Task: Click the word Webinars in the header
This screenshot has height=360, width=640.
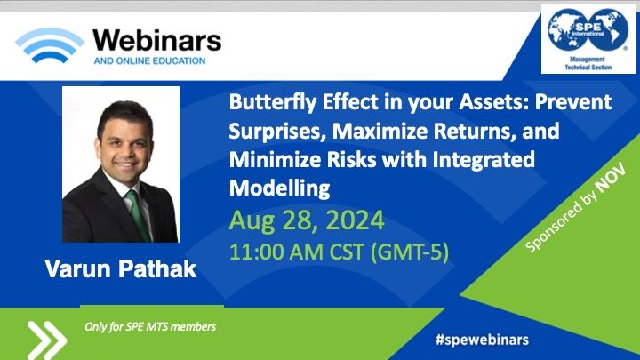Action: point(157,41)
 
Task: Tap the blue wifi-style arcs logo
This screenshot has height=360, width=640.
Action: point(50,44)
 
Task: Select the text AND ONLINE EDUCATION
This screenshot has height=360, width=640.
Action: point(149,60)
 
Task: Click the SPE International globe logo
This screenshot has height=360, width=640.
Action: point(588,30)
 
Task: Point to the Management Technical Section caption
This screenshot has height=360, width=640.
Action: point(588,63)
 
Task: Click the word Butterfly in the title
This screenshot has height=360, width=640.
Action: point(273,102)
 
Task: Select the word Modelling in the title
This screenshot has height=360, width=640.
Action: point(280,188)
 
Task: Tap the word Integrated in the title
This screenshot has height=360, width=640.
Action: point(484,159)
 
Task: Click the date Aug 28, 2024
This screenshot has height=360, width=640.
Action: point(307,220)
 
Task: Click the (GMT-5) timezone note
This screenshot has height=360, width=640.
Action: point(410,252)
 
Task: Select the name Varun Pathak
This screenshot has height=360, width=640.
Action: point(121,269)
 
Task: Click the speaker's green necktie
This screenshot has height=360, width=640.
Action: point(138,214)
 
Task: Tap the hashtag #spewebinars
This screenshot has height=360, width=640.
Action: point(482,340)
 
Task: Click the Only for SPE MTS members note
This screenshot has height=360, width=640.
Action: point(150,326)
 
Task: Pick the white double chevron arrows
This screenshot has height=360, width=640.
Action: point(46,340)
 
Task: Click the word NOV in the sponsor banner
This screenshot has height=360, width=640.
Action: point(610,178)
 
